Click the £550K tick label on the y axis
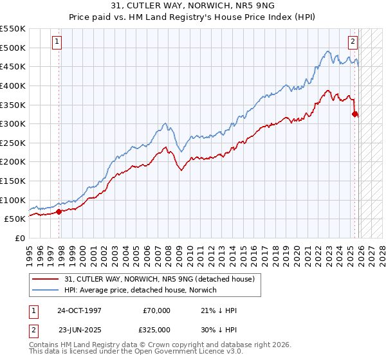click(x=13, y=29)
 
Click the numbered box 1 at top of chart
click(x=57, y=42)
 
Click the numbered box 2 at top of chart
click(x=353, y=42)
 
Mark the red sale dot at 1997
click(x=59, y=211)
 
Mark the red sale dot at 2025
click(x=354, y=114)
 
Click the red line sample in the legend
click(x=45, y=279)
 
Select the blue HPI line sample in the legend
click(x=45, y=290)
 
